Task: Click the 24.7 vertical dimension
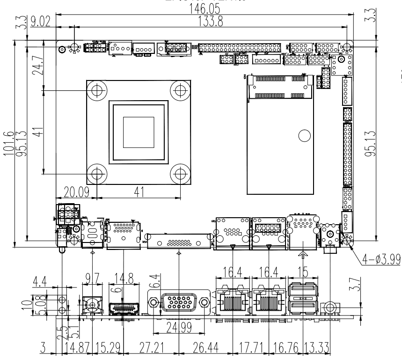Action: coord(37,66)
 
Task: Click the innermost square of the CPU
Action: coord(138,132)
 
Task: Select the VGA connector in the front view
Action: coord(179,304)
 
